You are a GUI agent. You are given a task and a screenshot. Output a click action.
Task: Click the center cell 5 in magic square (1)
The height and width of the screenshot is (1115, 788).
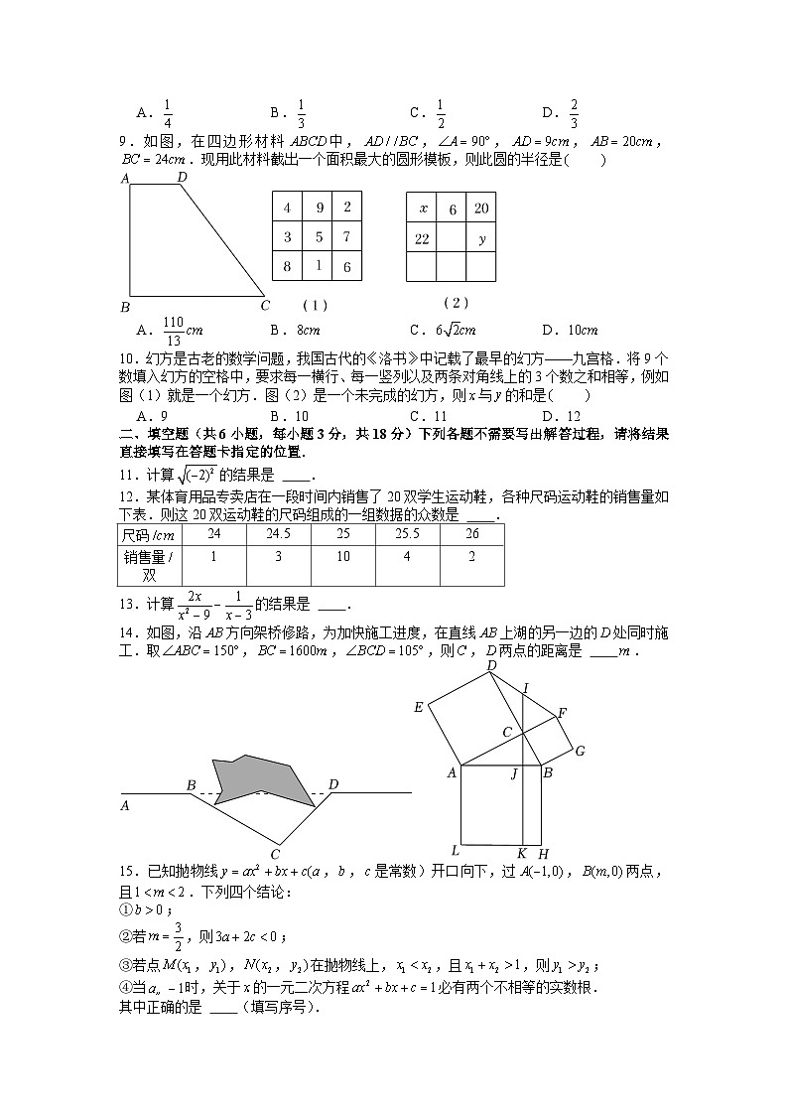coord(317,237)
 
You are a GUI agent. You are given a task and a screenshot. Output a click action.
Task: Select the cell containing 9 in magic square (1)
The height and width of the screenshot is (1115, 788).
coord(317,209)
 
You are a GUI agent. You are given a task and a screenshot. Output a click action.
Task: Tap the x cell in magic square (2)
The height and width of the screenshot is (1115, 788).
coord(423,209)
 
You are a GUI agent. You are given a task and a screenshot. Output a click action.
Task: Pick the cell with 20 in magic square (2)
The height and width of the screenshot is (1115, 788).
coord(481,209)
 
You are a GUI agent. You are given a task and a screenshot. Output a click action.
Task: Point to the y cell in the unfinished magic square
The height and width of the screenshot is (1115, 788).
coord(481,238)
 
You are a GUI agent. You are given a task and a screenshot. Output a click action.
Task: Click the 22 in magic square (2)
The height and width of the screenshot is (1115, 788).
coord(423,238)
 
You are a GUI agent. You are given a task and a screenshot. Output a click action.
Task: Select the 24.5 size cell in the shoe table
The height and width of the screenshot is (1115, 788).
coord(278,533)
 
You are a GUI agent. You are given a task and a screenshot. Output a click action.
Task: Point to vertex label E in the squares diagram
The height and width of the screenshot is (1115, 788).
coord(419,707)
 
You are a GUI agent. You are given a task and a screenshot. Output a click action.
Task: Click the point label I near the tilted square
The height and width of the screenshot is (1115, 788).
coord(525,687)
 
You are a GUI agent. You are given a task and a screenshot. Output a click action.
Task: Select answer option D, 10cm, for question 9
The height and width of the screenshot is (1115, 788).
coord(571,331)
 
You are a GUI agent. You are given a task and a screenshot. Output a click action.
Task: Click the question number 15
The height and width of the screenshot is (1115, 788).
coord(126,872)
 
